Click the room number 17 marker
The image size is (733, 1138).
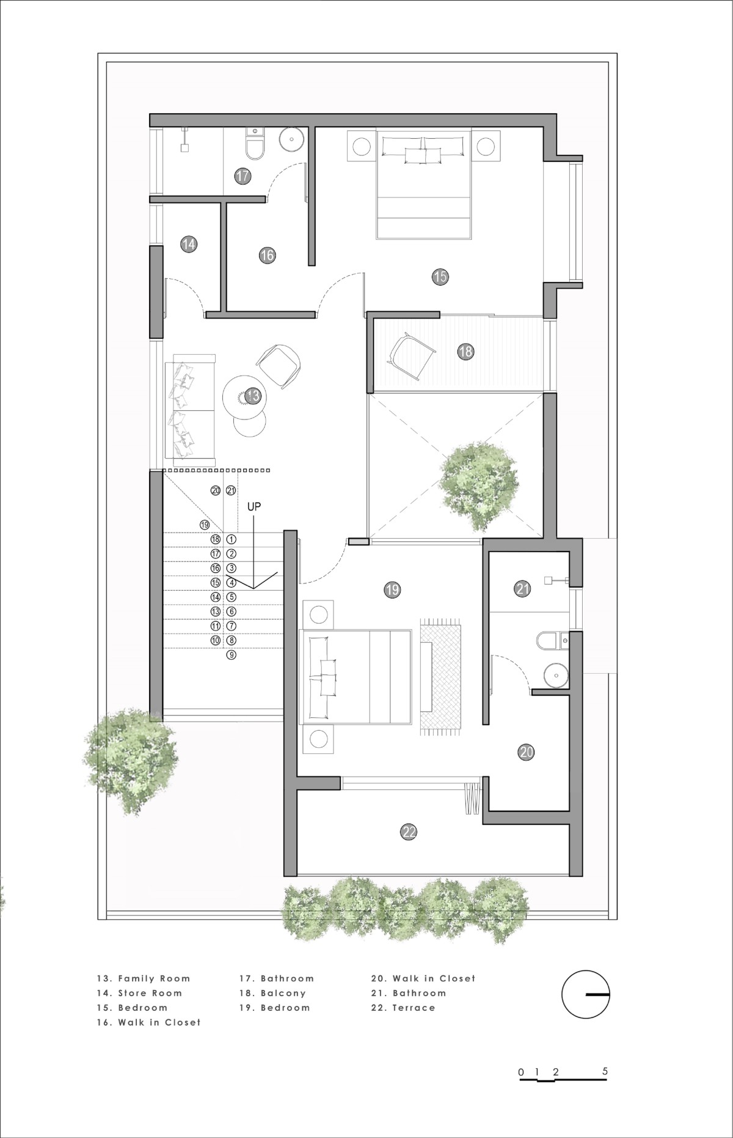tap(243, 176)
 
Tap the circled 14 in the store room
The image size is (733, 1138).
tap(189, 245)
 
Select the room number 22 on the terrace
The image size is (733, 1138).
tap(409, 832)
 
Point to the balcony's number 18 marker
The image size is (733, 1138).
tap(465, 351)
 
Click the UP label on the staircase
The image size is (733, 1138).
tap(254, 507)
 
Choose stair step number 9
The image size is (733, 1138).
tap(231, 655)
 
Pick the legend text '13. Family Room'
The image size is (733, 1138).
tap(144, 978)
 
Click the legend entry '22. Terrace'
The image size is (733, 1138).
tap(403, 1008)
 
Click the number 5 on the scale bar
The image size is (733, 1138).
tap(605, 1071)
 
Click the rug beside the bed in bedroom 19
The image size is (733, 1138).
tap(440, 676)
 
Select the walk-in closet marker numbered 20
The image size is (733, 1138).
tap(526, 752)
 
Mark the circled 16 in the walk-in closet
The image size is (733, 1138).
tap(267, 255)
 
